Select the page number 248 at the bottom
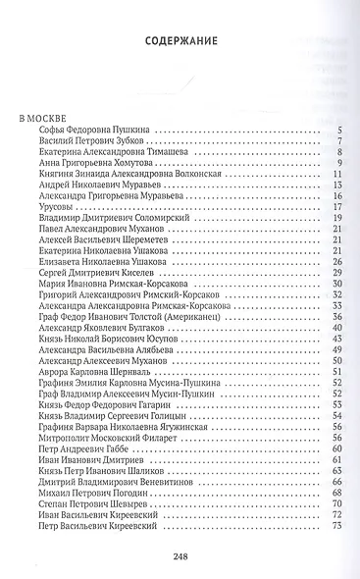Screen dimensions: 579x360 point(180,555)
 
